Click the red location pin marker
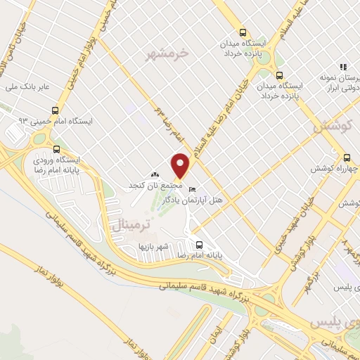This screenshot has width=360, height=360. (181, 165)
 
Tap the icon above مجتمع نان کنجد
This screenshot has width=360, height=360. (155, 174)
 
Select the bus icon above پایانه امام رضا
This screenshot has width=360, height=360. (200, 245)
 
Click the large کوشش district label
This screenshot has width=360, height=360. (329, 127)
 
